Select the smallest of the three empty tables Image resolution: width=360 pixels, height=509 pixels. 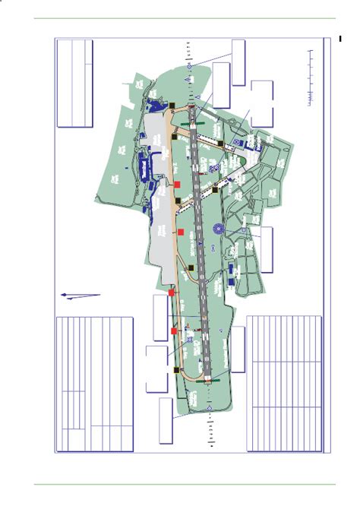click(76, 84)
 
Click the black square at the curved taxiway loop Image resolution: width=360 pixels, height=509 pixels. click(176, 371)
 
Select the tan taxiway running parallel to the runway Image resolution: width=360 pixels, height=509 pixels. click(180, 228)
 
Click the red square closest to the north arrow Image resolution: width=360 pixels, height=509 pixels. click(172, 292)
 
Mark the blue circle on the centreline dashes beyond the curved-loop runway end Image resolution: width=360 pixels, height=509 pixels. click(210, 410)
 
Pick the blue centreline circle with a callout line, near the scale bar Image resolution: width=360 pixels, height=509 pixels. click(188, 68)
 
